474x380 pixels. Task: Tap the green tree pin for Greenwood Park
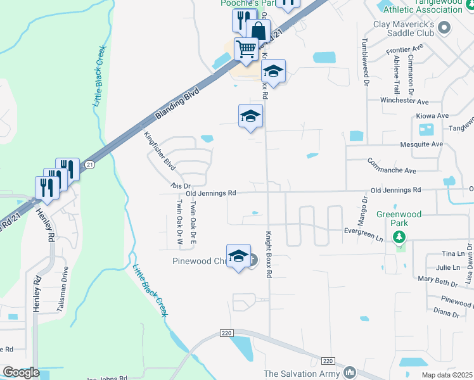coord(399,237)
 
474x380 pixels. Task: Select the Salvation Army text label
coord(302,374)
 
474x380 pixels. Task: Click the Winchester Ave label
coord(404,101)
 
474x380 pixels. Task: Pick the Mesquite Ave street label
coord(420,144)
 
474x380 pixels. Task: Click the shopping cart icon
coord(246,49)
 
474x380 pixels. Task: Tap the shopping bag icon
coord(259,30)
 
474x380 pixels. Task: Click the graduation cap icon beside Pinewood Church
coord(238,256)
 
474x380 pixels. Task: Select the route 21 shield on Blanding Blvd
coord(90,165)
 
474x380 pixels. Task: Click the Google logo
coord(21,372)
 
